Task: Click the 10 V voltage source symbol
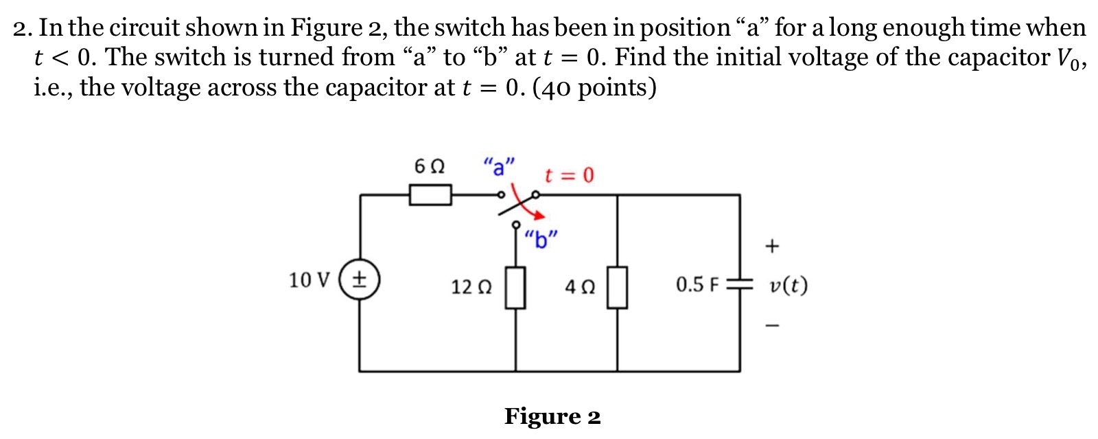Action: (359, 280)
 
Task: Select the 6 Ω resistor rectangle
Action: (430, 195)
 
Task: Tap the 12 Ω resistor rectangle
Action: (515, 287)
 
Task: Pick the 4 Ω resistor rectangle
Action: (617, 287)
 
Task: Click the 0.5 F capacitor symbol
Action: (740, 284)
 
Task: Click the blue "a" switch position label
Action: (499, 166)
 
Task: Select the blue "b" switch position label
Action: (541, 240)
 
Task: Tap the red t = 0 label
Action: (569, 175)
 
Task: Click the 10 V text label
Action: (309, 280)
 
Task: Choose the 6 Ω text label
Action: (430, 166)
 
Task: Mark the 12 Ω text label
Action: (471, 286)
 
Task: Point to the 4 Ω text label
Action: (580, 286)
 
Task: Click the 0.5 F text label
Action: (697, 284)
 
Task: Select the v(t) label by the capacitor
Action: (789, 284)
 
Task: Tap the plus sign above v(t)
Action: (772, 246)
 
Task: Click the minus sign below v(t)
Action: (772, 325)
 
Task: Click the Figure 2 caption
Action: (552, 416)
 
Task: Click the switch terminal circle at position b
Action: (516, 225)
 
